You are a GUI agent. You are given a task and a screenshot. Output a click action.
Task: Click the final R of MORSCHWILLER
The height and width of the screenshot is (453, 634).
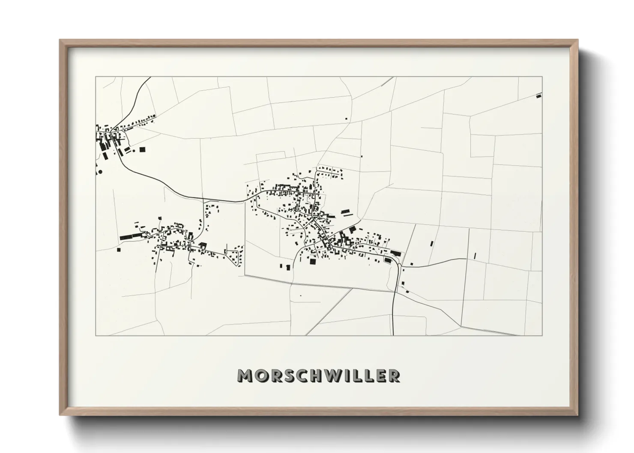tap(394, 376)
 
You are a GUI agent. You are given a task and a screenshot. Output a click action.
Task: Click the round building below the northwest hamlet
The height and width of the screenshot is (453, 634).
tap(100, 172)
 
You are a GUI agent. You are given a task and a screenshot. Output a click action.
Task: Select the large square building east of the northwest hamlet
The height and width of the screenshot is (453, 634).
tap(142, 149)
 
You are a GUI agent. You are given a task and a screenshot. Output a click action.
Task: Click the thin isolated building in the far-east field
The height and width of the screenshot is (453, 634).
tap(475, 256)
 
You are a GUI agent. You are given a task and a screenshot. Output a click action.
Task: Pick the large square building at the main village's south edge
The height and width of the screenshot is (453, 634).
tap(313, 261)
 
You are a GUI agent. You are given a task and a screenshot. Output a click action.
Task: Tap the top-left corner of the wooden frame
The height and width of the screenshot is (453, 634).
tap(61, 41)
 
